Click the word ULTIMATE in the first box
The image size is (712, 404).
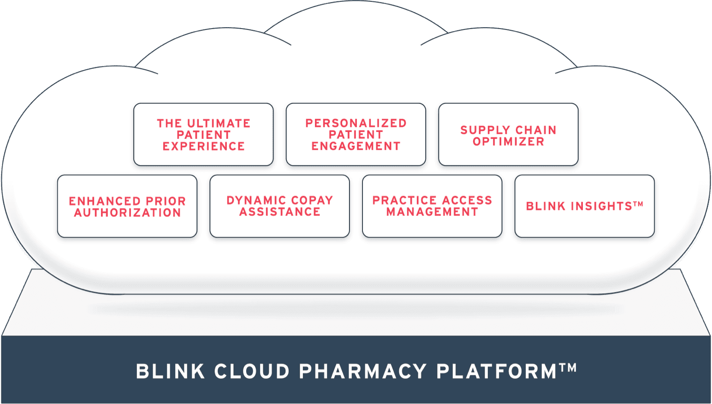click(219, 124)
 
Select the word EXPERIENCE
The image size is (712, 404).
click(203, 146)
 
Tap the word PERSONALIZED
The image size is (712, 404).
click(356, 123)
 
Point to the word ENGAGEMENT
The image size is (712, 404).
click(356, 146)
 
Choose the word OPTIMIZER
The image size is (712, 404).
click(508, 142)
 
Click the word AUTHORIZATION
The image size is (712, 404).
click(127, 213)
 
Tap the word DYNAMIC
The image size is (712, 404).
click(256, 201)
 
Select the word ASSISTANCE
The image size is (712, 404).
click(279, 212)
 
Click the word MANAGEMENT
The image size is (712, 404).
click(432, 212)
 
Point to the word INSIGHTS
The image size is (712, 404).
click(601, 206)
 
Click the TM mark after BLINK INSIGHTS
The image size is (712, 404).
click(638, 203)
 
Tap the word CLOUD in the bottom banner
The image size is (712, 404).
click(252, 372)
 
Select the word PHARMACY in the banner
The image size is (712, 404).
click(363, 372)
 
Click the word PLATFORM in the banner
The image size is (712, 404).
click(496, 372)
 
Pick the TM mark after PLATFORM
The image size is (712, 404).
click(568, 367)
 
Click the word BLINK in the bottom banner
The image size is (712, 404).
click(170, 372)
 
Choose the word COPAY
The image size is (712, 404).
click(312, 201)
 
